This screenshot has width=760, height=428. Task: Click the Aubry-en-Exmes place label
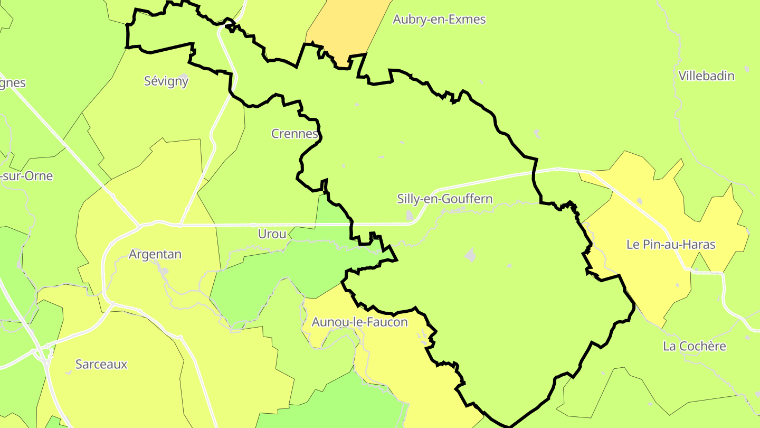[x=439, y=20]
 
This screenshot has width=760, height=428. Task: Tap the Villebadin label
[x=706, y=76]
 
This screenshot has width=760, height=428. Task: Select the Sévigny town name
[x=166, y=81]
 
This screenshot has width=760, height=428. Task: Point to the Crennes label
[x=294, y=134]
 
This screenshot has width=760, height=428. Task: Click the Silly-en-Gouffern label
[x=444, y=199]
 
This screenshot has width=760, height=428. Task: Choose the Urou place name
[x=272, y=234]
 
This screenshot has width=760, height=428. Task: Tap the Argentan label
[x=155, y=254]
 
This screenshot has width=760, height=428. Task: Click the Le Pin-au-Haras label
[x=670, y=244]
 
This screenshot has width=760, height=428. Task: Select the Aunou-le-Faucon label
[x=359, y=322]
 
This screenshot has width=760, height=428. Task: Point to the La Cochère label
[x=694, y=346]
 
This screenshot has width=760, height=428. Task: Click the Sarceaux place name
[x=101, y=364]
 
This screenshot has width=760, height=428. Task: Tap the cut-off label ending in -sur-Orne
[x=26, y=176]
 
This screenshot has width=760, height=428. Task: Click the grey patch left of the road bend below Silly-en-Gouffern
[x=410, y=215]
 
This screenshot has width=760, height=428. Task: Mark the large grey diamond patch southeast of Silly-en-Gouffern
[x=470, y=255]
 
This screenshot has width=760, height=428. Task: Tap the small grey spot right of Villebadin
[x=746, y=69]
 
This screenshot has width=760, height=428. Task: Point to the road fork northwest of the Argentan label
[x=140, y=226]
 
